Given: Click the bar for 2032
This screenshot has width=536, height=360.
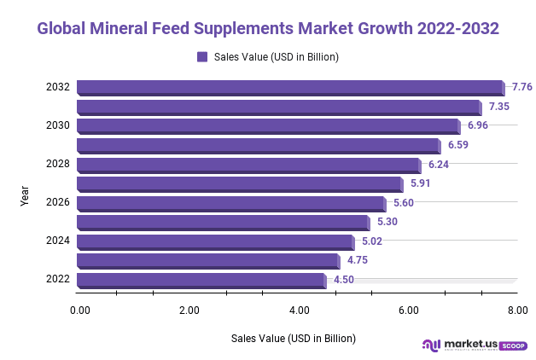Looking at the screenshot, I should click(290, 87).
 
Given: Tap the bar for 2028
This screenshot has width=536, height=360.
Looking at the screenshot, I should click(248, 165).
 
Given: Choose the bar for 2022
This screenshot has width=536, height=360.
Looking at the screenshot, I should click(201, 280).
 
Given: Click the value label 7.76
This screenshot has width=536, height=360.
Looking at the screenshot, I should click(521, 87).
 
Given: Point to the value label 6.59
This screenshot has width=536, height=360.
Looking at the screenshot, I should click(457, 145).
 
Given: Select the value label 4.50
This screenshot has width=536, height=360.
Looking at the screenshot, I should click(344, 280).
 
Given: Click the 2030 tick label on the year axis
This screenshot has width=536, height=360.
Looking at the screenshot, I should click(57, 125).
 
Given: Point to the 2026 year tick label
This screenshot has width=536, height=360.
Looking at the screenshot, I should click(57, 203).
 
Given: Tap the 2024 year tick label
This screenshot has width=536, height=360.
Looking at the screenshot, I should click(57, 241).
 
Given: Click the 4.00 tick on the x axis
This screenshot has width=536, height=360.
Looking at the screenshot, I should click(299, 310).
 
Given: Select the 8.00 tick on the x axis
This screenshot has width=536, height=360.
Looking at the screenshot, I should click(517, 310).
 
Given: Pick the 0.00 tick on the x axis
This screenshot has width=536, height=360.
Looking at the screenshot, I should click(79, 310).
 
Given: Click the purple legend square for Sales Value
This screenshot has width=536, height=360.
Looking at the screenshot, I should click(202, 57).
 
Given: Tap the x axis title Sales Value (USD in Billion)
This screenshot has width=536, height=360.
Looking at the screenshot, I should click(294, 339).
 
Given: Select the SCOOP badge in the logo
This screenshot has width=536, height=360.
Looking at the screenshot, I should click(513, 345).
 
